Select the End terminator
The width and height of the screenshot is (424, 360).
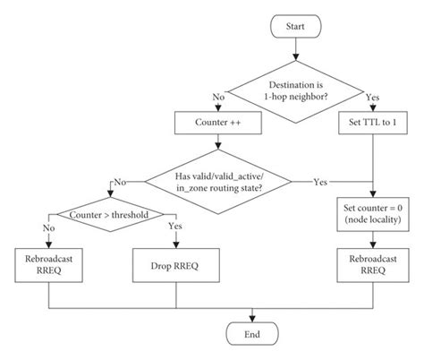tap(255, 334)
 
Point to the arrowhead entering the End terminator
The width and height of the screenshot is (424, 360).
tap(255, 319)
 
